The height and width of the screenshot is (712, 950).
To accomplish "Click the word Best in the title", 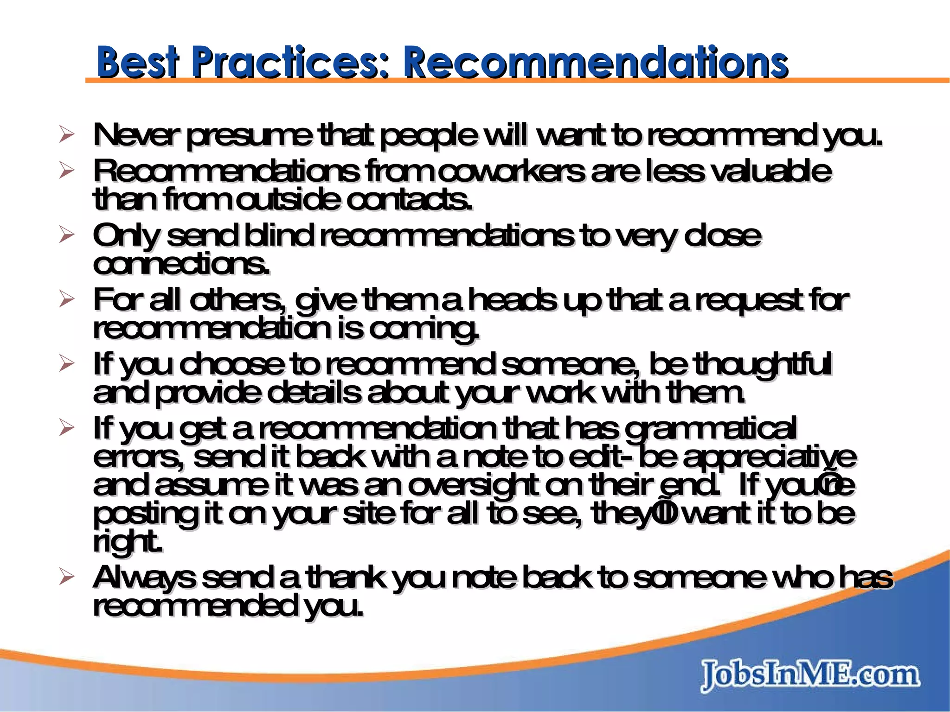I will coord(137,62).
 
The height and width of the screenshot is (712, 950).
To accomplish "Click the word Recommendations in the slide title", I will coord(595,62).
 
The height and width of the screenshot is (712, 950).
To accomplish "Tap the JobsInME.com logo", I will coord(809,676).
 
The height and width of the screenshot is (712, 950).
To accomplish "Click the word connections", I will coord(181,265).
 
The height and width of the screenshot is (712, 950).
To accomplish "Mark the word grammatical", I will coord(710,428).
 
